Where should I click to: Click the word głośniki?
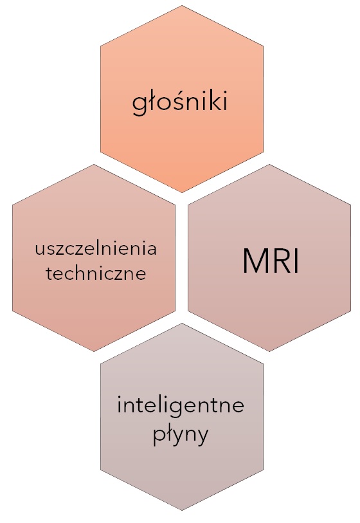(180, 102)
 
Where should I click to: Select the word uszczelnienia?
(96, 249)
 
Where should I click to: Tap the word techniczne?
(96, 273)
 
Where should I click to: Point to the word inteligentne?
(181, 406)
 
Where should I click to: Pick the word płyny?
(181, 435)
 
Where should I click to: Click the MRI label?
(271, 261)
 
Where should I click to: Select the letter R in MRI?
(283, 261)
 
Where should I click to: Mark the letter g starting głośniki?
(139, 105)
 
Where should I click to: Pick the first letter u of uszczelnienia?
(40, 250)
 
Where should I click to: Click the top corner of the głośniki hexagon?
(182, 5)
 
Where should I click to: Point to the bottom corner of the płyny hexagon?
(182, 510)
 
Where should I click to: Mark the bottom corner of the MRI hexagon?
(269, 351)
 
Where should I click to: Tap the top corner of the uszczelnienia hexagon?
(94, 164)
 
